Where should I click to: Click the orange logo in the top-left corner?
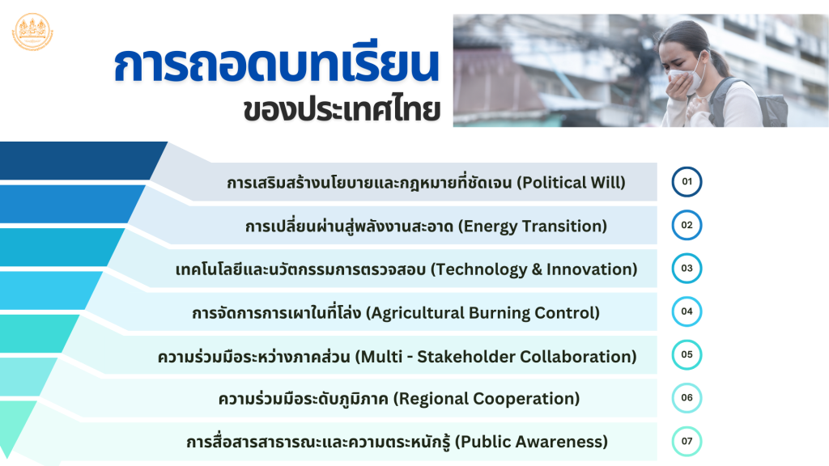tap(32, 32)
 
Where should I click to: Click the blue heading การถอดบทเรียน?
tap(277, 65)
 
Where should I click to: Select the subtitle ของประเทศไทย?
tap(342, 110)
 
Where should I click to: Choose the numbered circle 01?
tap(687, 182)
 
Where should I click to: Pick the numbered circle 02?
tap(687, 225)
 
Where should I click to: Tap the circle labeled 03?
tap(687, 269)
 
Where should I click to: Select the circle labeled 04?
tap(687, 311)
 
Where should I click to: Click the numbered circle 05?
tap(687, 354)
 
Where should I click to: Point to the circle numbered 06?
tap(687, 398)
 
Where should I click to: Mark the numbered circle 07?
tap(687, 441)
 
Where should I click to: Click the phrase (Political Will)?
tap(571, 183)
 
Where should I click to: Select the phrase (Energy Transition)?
tap(533, 227)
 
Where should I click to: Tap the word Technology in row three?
tap(479, 270)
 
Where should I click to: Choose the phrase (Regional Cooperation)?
tap(487, 399)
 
